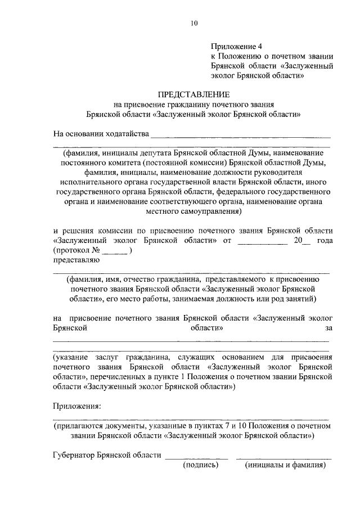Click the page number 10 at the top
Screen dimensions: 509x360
pos(194,23)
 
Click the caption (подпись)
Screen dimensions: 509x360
pos(200,465)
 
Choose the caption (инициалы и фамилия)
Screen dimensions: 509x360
pos(285,465)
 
